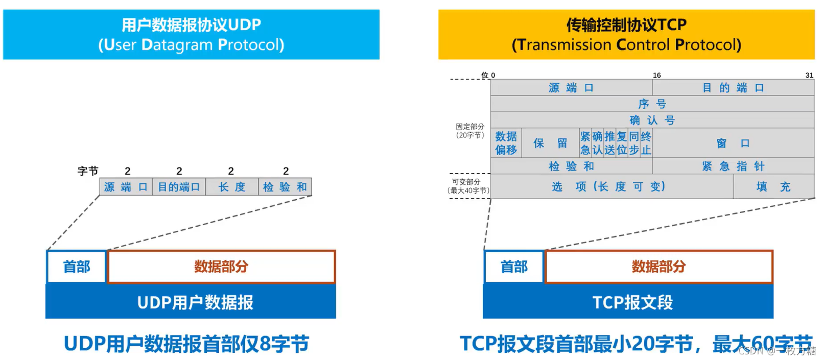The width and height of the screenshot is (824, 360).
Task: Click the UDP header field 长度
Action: tap(232, 187)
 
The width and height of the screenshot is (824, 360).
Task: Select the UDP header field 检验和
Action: tap(285, 187)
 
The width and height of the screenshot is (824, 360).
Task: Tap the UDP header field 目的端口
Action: tap(179, 187)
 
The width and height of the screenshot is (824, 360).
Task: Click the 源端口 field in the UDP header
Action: tap(126, 187)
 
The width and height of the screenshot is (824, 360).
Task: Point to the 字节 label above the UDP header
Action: tap(88, 171)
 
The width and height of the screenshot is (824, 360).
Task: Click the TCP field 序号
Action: tap(652, 104)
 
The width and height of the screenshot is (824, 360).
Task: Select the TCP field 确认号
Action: tap(652, 120)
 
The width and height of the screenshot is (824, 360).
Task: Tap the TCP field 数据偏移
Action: tap(506, 143)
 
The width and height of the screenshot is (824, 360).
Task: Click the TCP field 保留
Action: tap(551, 143)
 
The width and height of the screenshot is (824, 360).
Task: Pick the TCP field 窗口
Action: tap(733, 143)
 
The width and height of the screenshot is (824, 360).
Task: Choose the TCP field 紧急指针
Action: tap(733, 166)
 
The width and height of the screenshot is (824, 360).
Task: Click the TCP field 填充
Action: tap(773, 186)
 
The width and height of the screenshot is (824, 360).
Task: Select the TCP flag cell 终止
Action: tap(646, 143)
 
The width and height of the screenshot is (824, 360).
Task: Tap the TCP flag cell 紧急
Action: tap(585, 143)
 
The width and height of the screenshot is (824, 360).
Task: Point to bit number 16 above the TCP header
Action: tap(657, 76)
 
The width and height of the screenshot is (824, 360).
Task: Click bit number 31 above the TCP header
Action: tap(809, 76)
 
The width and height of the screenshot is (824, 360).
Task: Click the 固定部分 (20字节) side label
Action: tap(470, 131)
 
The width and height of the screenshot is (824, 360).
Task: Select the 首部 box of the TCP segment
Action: tap(514, 267)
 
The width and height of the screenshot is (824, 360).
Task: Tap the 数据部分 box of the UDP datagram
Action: tap(221, 267)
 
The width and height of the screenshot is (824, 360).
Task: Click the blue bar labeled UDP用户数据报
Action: tap(191, 302)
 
